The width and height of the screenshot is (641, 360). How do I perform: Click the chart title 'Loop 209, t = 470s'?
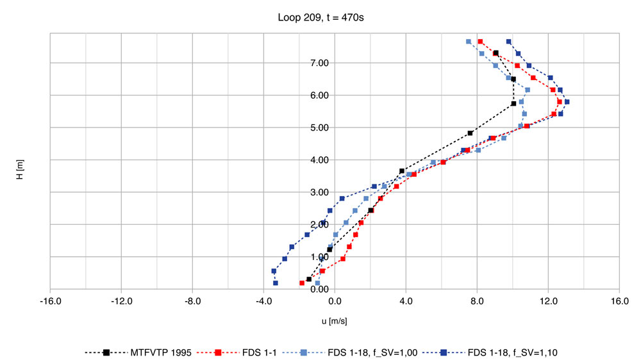(320, 18)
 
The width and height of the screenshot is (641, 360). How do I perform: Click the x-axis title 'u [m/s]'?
(334, 321)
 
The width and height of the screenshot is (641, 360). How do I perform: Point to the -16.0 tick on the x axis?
(50, 300)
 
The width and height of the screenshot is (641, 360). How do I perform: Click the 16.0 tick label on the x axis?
(619, 300)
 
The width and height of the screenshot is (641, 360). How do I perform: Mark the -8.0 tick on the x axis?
(192, 300)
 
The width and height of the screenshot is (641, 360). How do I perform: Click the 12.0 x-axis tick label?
(547, 300)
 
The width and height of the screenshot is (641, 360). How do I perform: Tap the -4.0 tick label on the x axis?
(263, 300)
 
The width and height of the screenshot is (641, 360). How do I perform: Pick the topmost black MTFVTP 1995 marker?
(496, 53)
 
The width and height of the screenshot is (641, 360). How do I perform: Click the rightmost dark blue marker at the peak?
(567, 102)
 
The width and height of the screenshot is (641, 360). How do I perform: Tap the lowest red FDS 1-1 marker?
(302, 282)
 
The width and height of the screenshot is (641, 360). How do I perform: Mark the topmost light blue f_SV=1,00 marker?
(469, 42)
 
